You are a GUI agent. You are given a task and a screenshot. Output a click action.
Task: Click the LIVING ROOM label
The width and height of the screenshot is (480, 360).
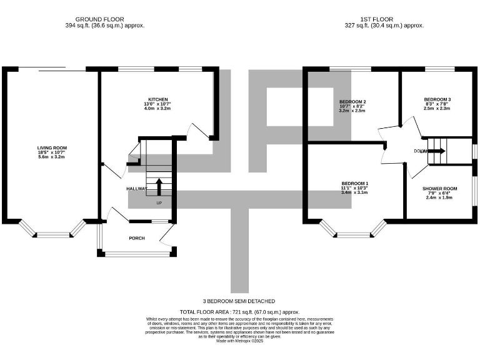[x=51, y=147]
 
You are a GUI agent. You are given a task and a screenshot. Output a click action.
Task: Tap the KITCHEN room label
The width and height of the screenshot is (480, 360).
[x=157, y=99]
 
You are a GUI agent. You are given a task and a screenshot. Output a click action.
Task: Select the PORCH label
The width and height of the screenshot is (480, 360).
[x=137, y=238]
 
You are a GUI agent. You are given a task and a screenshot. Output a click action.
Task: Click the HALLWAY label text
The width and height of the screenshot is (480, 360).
[x=137, y=188]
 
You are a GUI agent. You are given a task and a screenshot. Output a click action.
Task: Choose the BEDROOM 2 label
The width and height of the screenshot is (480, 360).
[x=352, y=102]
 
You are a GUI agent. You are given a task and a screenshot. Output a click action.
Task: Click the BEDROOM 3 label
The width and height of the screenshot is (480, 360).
[x=437, y=99]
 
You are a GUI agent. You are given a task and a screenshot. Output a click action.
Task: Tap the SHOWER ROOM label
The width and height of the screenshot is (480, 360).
[x=439, y=188]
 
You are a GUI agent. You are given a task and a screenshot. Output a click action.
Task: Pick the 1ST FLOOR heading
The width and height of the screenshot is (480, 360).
[x=384, y=19]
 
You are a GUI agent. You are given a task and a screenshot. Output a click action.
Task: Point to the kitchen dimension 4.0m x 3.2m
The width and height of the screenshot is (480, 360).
[x=157, y=109]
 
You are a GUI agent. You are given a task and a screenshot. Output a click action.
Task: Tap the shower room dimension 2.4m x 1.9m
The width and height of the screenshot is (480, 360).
[x=439, y=198]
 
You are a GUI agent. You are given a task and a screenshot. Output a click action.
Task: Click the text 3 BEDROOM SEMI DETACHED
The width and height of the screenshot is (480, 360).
[x=239, y=301]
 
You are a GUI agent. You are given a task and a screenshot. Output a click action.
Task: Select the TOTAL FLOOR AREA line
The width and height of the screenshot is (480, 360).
[x=239, y=311]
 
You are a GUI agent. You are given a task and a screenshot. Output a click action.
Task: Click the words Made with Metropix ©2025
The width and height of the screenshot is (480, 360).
[x=239, y=341]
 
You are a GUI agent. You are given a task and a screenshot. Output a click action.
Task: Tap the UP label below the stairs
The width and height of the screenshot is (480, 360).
[x=159, y=203]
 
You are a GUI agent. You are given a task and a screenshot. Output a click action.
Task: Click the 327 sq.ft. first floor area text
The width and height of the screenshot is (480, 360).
[x=384, y=26]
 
